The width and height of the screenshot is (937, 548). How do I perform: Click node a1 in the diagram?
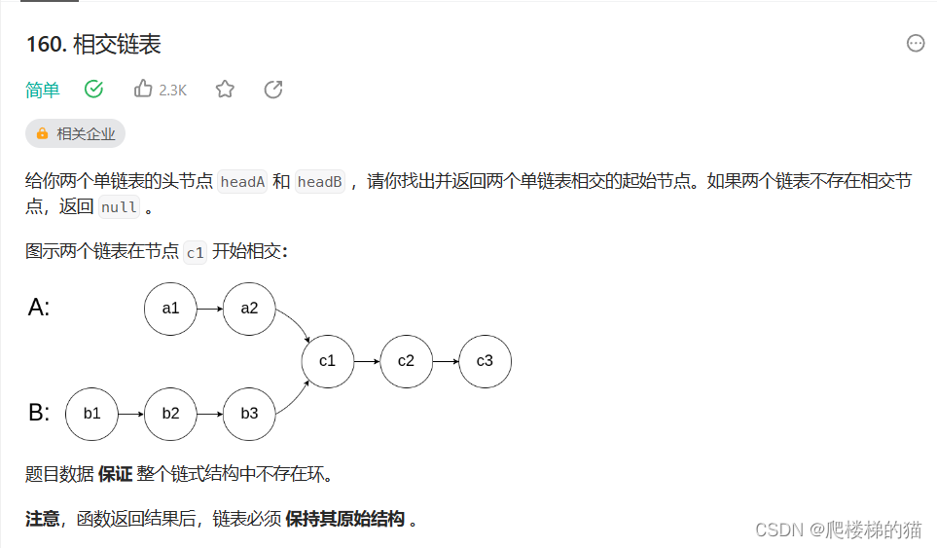[x=170, y=309]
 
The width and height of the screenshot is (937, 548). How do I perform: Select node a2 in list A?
[x=249, y=309]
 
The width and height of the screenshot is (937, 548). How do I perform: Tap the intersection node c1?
[x=327, y=361]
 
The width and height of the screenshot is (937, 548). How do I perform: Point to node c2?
[x=406, y=361]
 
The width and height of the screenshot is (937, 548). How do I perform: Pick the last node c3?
[x=485, y=361]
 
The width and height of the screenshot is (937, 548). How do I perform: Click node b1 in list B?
[x=91, y=414]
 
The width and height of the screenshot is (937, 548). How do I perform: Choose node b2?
[x=170, y=414]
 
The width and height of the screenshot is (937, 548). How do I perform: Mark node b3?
[x=249, y=414]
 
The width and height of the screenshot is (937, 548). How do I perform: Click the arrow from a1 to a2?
[x=209, y=309]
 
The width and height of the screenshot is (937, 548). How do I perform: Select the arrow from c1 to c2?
[x=367, y=361]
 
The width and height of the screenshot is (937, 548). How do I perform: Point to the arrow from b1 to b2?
[x=130, y=414]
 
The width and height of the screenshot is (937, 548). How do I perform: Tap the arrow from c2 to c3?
[x=446, y=361]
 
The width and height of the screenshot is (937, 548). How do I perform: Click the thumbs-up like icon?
[x=143, y=90]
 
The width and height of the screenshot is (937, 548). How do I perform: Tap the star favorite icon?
[x=225, y=90]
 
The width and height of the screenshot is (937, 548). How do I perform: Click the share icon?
[x=273, y=90]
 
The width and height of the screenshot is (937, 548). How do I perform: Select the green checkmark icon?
[x=94, y=90]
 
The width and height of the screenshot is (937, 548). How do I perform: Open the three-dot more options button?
[x=916, y=43]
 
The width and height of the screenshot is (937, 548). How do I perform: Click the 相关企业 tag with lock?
[x=76, y=134]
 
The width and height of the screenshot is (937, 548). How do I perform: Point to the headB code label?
[x=320, y=182]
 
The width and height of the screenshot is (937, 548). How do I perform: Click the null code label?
[x=120, y=207]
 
